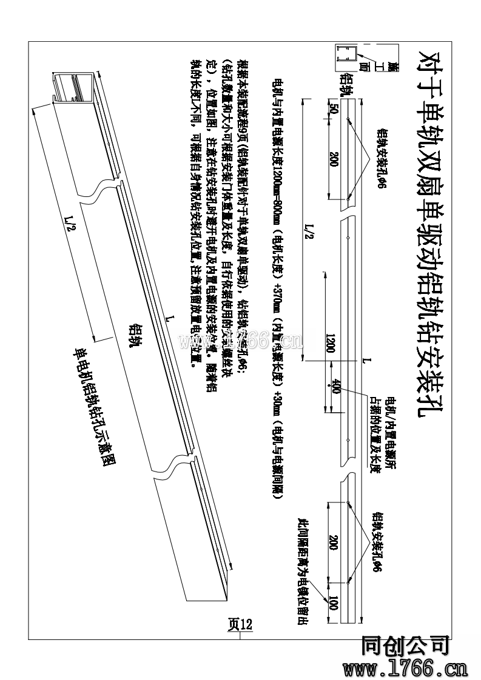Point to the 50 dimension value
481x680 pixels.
tap(333, 109)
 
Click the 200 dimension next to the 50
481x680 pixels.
tap(333, 159)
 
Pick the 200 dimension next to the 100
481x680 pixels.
tap(333, 541)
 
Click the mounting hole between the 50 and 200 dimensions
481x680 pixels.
tap(348, 119)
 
